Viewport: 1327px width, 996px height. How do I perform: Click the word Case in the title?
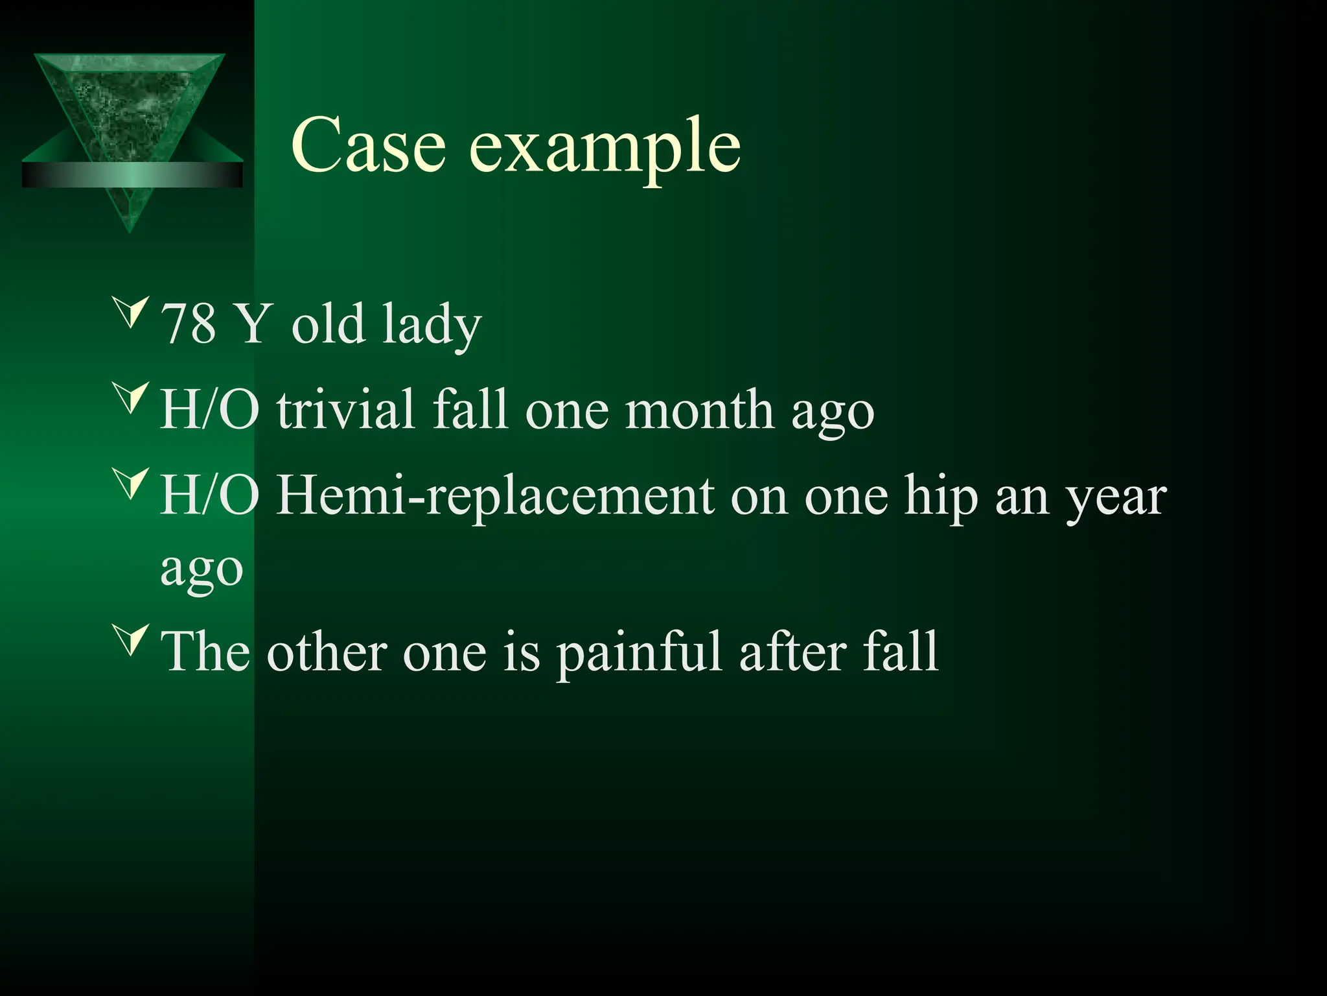click(368, 145)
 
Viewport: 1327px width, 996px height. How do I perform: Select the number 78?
click(187, 324)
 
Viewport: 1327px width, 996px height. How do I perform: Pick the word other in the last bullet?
click(327, 652)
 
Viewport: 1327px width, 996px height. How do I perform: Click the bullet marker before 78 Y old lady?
click(132, 311)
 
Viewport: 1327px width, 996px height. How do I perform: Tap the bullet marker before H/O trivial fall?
click(132, 397)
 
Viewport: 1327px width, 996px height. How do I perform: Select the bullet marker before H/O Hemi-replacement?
click(132, 483)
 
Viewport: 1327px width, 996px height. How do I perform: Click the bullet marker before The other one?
click(132, 639)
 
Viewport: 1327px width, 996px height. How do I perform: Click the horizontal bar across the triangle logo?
click(132, 174)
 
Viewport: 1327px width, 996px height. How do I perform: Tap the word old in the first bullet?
click(328, 324)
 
